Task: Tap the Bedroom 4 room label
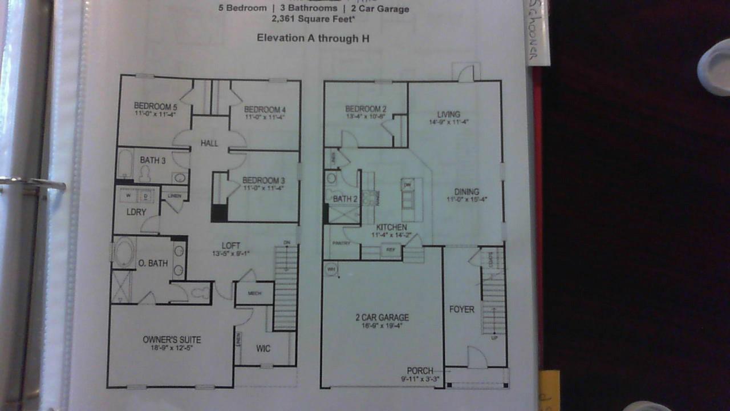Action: click(264, 110)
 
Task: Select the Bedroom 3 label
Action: click(263, 180)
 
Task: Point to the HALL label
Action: click(209, 143)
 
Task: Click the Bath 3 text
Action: click(152, 161)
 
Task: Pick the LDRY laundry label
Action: click(136, 212)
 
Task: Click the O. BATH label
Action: click(153, 264)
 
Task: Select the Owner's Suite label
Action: click(172, 340)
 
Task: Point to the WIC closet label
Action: click(263, 349)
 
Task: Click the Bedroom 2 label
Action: click(366, 109)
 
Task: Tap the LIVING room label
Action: click(448, 114)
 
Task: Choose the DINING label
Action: click(467, 192)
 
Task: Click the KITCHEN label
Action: click(391, 227)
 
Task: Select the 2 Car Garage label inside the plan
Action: click(382, 318)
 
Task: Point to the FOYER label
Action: click(461, 309)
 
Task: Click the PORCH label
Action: click(420, 371)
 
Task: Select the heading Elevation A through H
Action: click(313, 38)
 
